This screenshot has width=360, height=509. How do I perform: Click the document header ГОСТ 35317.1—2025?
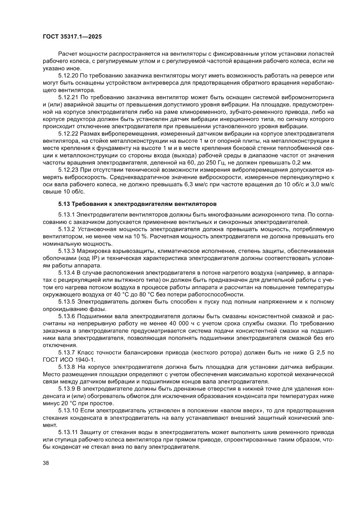pyautogui.click(x=72, y=37)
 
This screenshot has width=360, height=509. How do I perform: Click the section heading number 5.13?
pyautogui.click(x=64, y=203)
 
